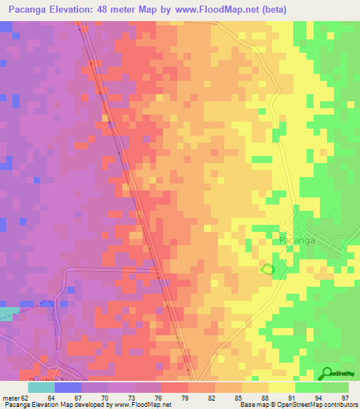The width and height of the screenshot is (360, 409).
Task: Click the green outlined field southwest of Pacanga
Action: coord(266,268)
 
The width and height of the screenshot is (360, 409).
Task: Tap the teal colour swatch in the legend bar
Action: coord(41,387)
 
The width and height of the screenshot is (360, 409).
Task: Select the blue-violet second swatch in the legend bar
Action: coord(68,387)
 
